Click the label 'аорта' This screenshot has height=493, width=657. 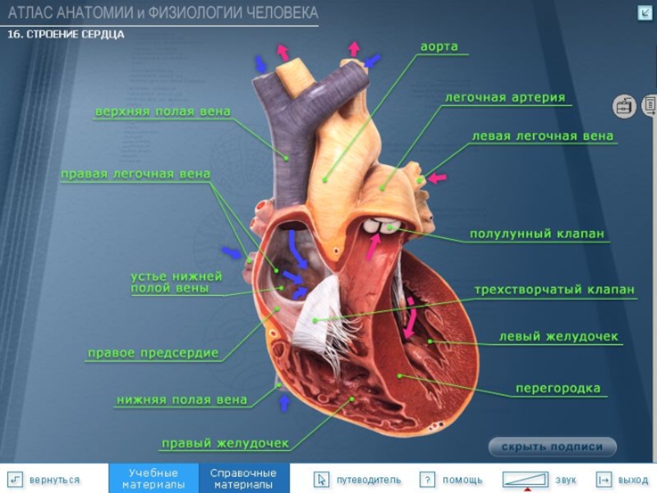[439, 47]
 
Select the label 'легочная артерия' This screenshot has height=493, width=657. [505, 97]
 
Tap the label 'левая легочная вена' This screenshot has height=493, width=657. [542, 136]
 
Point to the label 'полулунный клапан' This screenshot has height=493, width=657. [537, 234]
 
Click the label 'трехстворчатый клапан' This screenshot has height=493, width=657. [554, 290]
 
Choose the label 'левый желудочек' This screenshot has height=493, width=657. [558, 337]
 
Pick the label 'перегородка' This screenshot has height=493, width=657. [558, 388]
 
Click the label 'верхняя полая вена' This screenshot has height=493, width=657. [163, 112]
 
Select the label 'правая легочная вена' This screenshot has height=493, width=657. [136, 174]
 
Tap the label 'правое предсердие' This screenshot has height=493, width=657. [153, 353]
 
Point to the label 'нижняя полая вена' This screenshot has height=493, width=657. [181, 400]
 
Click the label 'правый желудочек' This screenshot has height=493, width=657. [225, 444]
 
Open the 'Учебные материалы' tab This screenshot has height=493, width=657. [154, 478]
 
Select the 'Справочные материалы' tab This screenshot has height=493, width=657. [243, 478]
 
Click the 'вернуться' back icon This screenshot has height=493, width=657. [15, 479]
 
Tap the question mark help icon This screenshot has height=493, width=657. [426, 479]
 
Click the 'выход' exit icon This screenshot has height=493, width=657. [604, 479]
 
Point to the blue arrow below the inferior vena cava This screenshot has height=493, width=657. [285, 403]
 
